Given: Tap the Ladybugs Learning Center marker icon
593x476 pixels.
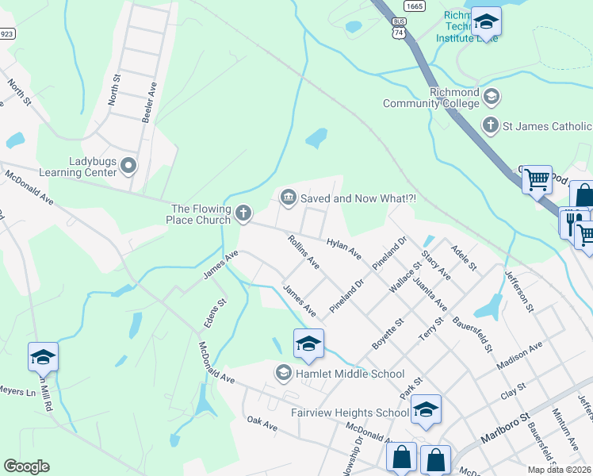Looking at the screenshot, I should tap(129, 166).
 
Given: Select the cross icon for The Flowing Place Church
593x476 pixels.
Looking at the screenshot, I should tap(243, 213).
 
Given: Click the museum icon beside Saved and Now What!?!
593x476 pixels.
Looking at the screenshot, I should tap(288, 196).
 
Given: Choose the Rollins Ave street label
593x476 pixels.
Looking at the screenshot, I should tap(304, 251).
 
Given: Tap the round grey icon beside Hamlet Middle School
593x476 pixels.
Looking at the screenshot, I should tap(283, 372).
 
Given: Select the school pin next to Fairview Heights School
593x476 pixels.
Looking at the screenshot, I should tap(426, 409).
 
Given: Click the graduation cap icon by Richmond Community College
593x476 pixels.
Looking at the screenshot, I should tap(492, 98).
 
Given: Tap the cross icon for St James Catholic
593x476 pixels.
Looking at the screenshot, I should tap(491, 125).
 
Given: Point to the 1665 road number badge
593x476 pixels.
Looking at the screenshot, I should tap(413, 6).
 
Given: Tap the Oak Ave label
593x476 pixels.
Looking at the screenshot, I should tap(262, 424).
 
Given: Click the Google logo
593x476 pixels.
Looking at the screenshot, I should tap(26, 466).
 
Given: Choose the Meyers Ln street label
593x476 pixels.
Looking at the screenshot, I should tap(17, 390).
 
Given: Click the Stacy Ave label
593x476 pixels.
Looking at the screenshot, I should tap(437, 263).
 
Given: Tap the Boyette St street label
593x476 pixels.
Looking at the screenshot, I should tap(388, 335).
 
